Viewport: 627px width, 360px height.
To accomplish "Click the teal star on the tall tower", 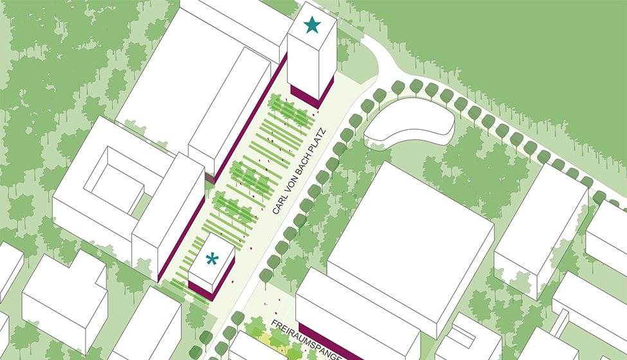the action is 312,25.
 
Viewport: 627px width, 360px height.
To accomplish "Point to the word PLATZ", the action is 320,138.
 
